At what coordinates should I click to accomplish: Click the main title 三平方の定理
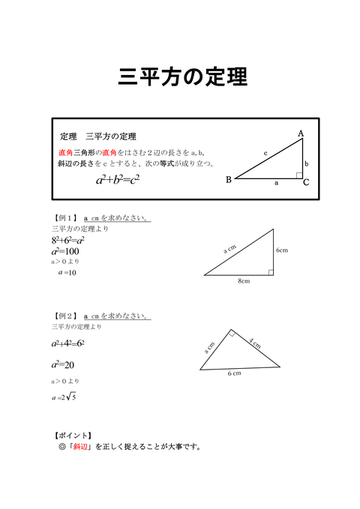click(182, 77)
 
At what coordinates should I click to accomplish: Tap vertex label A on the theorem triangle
click(301, 133)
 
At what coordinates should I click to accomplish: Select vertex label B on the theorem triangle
click(229, 180)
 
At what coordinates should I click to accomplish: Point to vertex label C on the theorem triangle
click(307, 182)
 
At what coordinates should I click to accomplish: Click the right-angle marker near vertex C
click(298, 176)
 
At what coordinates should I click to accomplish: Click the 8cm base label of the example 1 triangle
click(244, 281)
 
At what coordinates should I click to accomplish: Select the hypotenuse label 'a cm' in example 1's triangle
click(230, 248)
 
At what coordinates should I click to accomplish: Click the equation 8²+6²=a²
click(68, 240)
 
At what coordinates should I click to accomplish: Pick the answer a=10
click(67, 273)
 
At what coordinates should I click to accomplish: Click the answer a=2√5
click(65, 397)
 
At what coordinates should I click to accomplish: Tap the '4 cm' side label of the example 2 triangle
click(254, 344)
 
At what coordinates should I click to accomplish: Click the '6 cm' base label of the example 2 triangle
click(235, 373)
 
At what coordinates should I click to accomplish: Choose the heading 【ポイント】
click(73, 435)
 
